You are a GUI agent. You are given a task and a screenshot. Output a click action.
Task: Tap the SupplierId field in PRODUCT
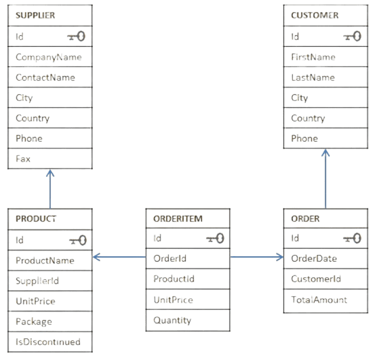(37, 281)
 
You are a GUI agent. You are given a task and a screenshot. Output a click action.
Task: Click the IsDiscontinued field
(47, 342)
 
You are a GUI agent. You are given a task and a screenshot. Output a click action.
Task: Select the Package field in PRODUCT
(33, 321)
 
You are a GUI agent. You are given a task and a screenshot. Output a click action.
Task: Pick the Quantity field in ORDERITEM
(172, 321)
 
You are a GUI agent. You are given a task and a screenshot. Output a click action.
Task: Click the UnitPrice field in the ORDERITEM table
(173, 300)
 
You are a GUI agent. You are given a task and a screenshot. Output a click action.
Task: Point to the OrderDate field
(313, 258)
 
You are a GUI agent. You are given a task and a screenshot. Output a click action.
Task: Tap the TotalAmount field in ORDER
(319, 299)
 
